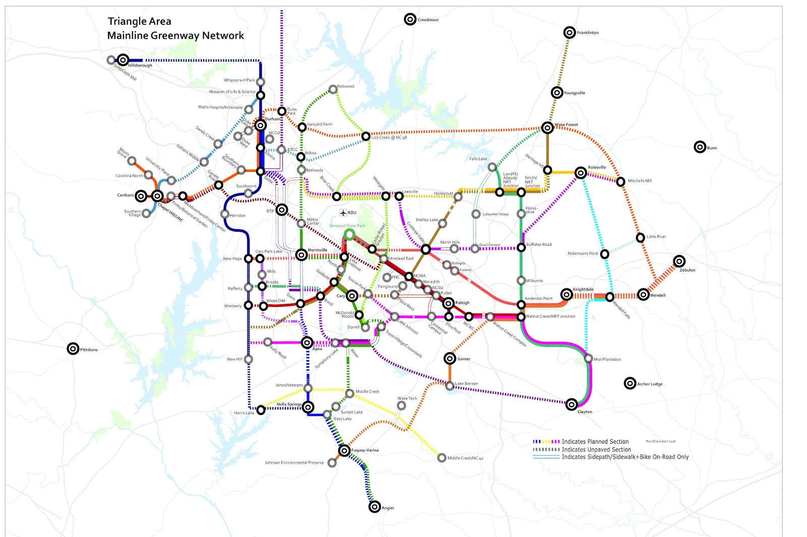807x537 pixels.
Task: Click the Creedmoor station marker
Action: [x=410, y=19]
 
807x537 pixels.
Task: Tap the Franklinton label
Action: [x=588, y=33]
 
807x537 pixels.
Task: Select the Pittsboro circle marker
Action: [x=73, y=349]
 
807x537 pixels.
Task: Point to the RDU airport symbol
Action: [x=343, y=213]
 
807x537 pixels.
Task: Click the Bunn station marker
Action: [x=700, y=147]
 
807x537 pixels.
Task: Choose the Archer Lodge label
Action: [x=650, y=384]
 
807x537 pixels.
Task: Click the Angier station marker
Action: [x=374, y=507]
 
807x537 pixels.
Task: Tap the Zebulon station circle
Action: [x=679, y=261]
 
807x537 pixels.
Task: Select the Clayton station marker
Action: [x=571, y=404]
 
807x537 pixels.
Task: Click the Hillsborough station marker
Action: [x=123, y=60]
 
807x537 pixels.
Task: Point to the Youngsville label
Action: [x=574, y=93]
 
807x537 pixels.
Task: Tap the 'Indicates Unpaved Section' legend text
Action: [x=596, y=449]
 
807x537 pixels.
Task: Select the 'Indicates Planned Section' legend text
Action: [x=595, y=442]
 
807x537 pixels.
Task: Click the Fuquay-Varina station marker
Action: [x=344, y=450]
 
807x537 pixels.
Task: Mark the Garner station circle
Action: [x=450, y=358]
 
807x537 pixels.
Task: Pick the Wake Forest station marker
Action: [x=547, y=127]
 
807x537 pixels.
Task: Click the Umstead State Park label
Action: [x=347, y=226]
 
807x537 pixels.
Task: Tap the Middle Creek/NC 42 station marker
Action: [x=442, y=457]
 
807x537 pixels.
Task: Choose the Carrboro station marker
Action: [x=141, y=195]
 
